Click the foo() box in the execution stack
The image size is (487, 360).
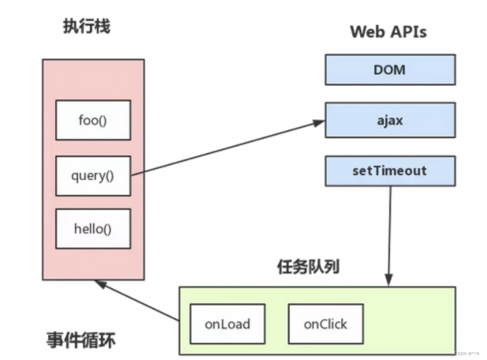click(x=93, y=120)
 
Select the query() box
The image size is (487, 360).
click(x=93, y=176)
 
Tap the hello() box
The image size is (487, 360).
click(x=93, y=229)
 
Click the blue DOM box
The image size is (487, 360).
click(x=390, y=70)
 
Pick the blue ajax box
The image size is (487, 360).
click(x=390, y=120)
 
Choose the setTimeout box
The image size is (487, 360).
click(x=390, y=171)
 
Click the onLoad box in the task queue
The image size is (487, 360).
click(x=227, y=324)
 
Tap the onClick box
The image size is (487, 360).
click(x=325, y=324)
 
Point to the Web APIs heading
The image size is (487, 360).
click(x=388, y=31)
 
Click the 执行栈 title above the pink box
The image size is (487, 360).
click(x=86, y=26)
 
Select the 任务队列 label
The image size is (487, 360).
click(x=308, y=267)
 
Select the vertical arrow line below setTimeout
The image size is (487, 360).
click(x=390, y=229)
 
